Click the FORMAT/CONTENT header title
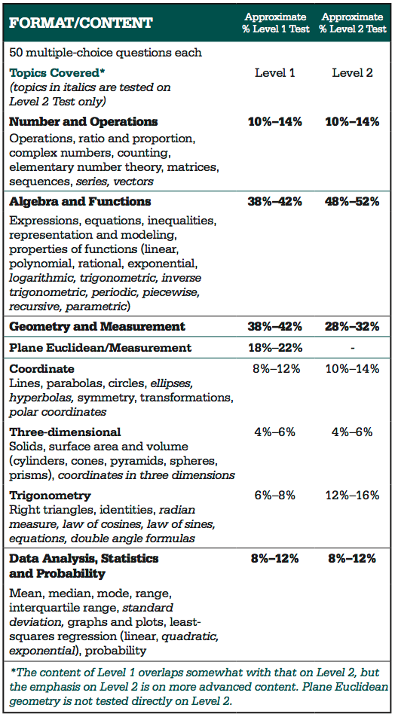[81, 23]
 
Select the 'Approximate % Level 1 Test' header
[275, 23]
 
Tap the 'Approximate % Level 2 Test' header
[353, 23]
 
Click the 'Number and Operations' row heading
[84, 121]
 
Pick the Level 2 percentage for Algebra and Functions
[353, 201]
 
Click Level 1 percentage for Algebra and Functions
[275, 201]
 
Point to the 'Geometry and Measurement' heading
[97, 326]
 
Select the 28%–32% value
[353, 326]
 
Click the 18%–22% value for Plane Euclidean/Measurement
[275, 347]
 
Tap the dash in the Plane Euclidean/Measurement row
[353, 347]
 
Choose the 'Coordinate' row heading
[41, 369]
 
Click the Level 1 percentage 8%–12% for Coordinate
[275, 369]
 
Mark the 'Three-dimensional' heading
[65, 432]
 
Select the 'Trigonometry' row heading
[50, 496]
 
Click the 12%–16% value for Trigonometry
[353, 496]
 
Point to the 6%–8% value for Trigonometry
[275, 496]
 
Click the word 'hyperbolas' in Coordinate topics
[36, 398]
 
